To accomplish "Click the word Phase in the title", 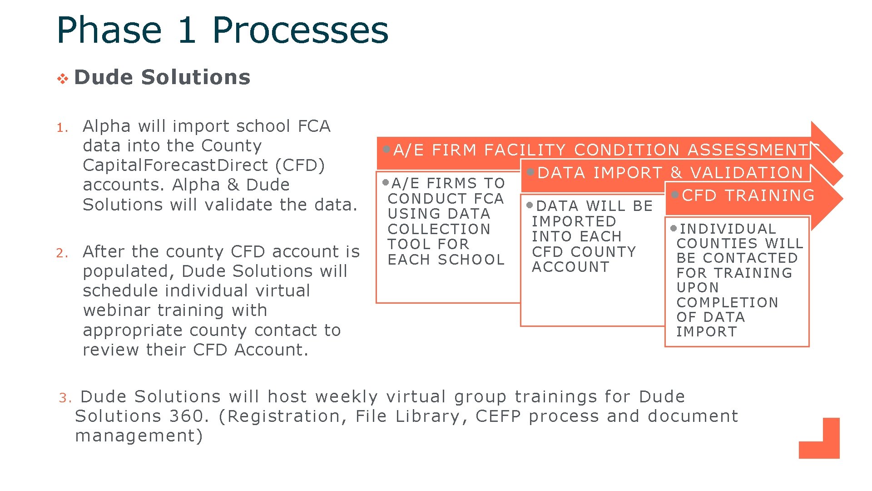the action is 109,30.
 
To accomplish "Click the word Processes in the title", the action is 300,30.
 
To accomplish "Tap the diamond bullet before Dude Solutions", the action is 62,79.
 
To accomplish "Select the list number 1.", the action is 62,128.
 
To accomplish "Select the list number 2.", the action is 62,253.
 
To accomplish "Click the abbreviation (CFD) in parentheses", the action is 300,165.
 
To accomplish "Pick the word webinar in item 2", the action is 116,311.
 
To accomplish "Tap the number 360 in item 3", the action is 186,416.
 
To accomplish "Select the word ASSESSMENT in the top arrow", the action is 748,150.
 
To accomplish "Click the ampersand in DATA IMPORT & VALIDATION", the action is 676,173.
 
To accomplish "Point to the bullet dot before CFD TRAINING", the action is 675,195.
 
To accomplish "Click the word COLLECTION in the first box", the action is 439,229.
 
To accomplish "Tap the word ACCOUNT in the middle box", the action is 570,267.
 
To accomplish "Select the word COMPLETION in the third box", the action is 727,303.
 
